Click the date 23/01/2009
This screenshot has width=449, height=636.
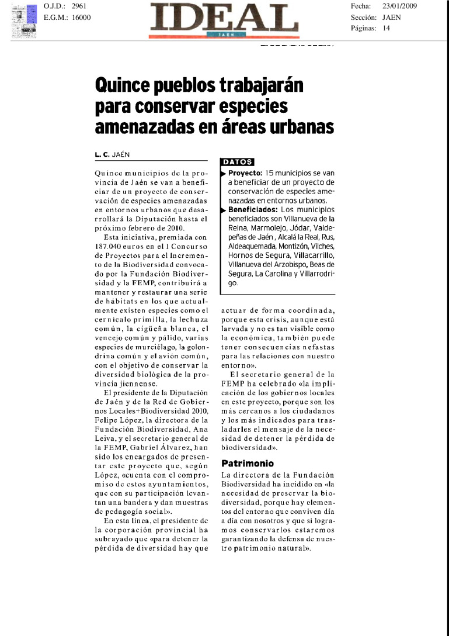coord(399,6)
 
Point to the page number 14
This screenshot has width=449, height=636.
coord(386,28)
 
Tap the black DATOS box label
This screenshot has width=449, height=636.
coord(237,162)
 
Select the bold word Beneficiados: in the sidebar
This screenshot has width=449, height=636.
coord(253,209)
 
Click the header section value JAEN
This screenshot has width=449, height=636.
coord(391,17)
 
